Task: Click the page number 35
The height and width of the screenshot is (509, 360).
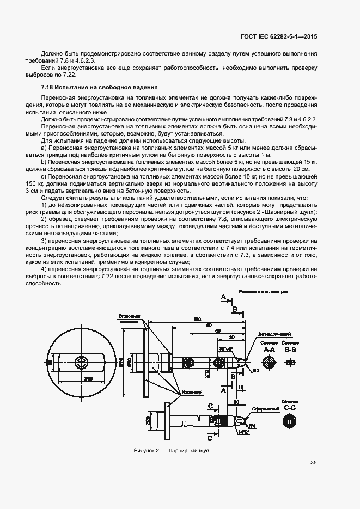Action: click(x=313, y=463)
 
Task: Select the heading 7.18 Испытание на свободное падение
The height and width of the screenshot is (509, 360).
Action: click(x=99, y=87)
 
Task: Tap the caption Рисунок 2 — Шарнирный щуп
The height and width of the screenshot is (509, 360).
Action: click(x=172, y=451)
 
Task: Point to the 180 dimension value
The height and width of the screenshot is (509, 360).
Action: click(x=197, y=320)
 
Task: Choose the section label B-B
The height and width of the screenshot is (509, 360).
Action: click(x=290, y=351)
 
